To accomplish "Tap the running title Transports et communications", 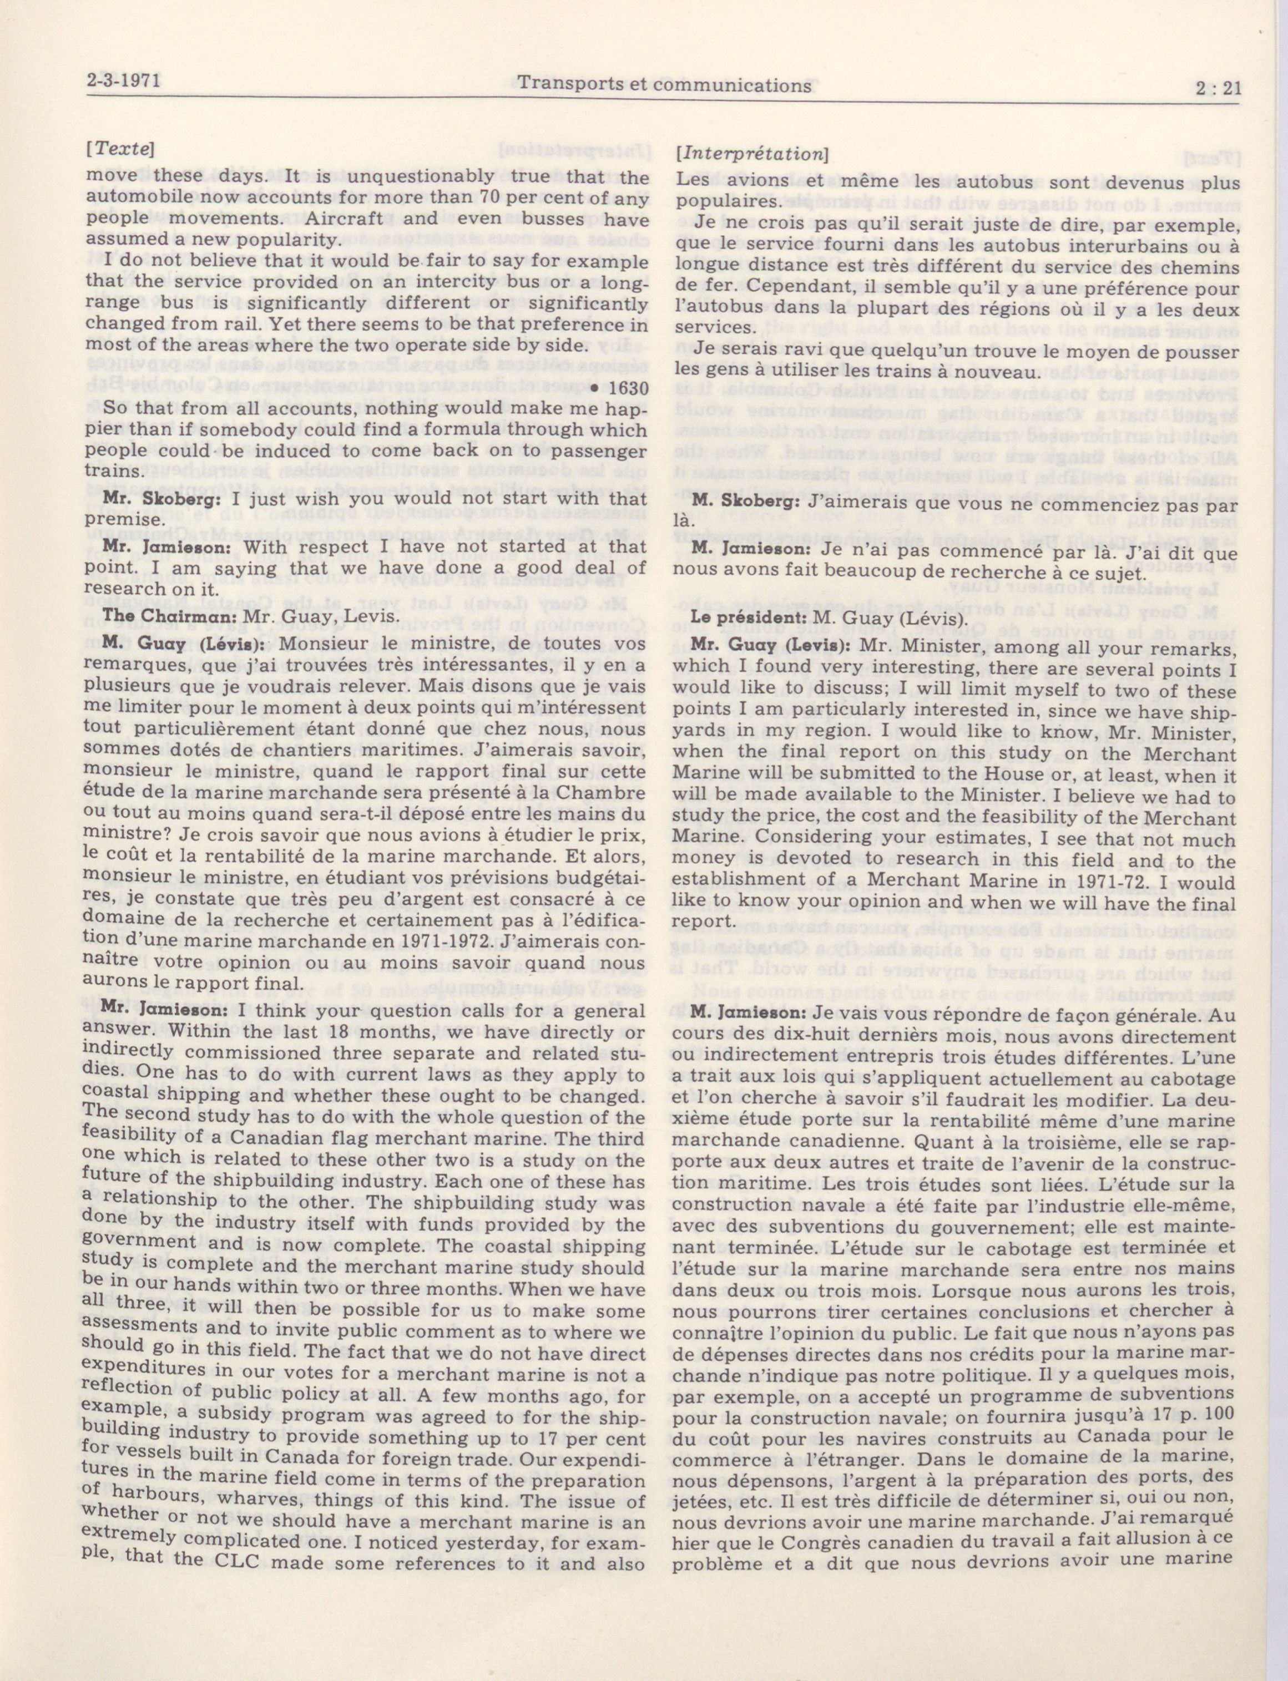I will pyautogui.click(x=664, y=85).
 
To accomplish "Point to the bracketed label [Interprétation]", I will pyautogui.click(x=751, y=154).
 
